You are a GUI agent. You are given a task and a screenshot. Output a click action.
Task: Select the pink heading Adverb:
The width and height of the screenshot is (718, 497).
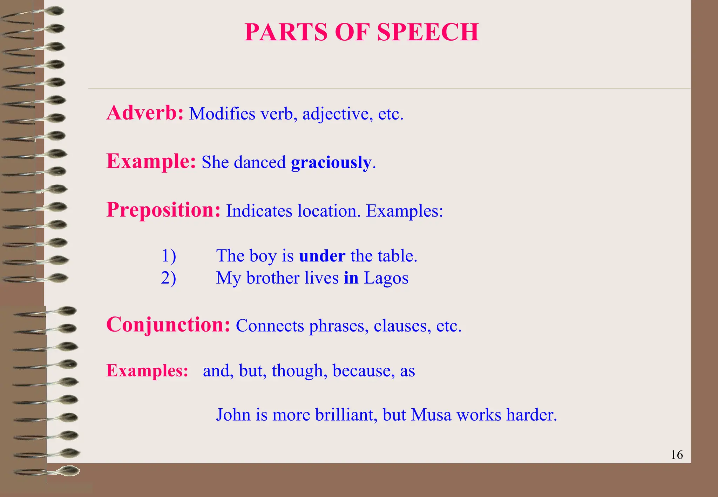point(145,113)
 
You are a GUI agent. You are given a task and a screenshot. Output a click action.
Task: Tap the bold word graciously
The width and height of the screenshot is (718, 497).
point(331,162)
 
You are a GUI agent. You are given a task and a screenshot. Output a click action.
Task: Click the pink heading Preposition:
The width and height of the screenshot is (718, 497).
point(163,210)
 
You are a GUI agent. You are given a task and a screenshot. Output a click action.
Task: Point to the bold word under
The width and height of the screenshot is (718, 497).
point(322,256)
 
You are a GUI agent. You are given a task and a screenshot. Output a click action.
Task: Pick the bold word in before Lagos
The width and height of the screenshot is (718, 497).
point(351,278)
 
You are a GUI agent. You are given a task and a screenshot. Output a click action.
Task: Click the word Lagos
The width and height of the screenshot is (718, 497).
point(386,278)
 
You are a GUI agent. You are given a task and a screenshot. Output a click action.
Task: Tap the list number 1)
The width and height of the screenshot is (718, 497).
point(169,256)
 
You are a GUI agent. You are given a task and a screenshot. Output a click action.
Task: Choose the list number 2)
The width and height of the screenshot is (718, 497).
point(169,278)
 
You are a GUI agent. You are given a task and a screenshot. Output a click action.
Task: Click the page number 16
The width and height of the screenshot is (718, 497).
point(677,455)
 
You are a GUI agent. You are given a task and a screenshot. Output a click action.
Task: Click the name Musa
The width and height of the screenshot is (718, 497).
point(431,415)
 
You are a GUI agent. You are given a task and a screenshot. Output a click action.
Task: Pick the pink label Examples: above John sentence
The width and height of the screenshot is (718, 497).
point(147,370)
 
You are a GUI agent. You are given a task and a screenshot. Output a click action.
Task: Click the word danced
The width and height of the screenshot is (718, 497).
point(260,162)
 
